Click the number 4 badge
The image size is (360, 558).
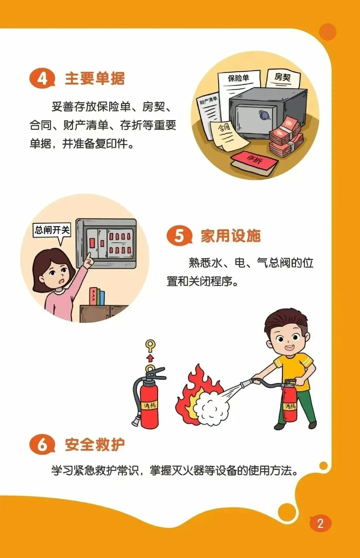click(42, 78)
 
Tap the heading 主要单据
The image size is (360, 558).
click(95, 78)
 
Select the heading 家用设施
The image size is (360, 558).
click(231, 236)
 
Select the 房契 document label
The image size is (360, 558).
click(282, 77)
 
